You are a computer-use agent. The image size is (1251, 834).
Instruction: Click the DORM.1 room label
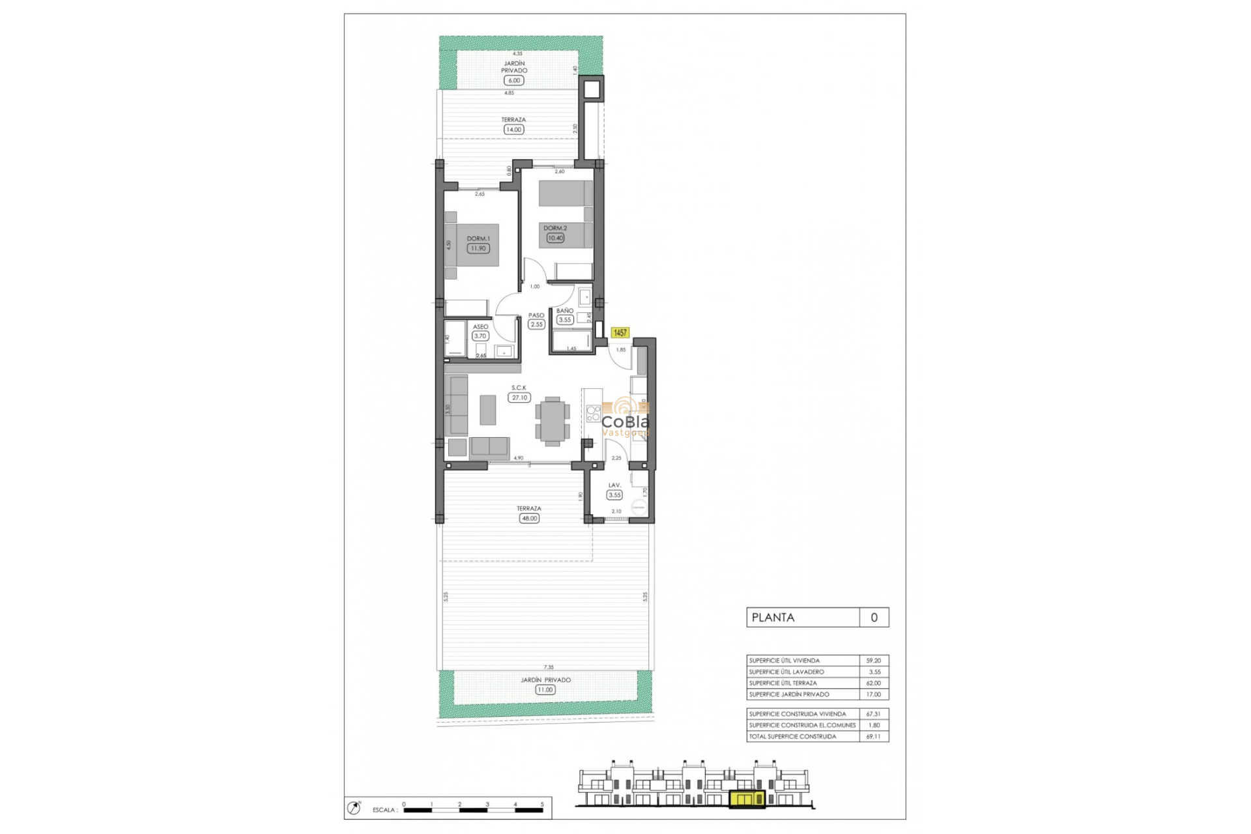click(x=478, y=239)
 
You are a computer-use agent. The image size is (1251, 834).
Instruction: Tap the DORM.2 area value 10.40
click(x=555, y=238)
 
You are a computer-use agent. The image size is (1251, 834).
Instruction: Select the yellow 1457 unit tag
click(x=620, y=333)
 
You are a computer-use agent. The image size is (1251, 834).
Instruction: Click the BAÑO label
click(x=565, y=311)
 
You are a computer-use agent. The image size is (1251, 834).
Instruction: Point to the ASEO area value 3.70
click(x=480, y=336)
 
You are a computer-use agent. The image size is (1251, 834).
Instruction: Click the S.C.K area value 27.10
click(x=519, y=397)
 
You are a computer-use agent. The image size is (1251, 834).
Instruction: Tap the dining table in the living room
click(x=553, y=422)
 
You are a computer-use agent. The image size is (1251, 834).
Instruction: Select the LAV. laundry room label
click(x=614, y=485)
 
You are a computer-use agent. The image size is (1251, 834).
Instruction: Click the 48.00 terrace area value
click(x=529, y=519)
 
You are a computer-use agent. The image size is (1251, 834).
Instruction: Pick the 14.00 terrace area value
click(x=513, y=130)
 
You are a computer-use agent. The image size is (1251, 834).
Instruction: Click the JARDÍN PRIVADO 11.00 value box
click(x=545, y=689)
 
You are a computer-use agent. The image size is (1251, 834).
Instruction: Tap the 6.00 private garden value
click(x=514, y=81)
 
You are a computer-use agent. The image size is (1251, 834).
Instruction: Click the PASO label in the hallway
click(x=536, y=315)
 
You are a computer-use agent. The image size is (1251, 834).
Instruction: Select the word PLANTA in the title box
click(x=773, y=618)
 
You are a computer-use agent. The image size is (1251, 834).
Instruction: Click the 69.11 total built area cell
click(x=873, y=737)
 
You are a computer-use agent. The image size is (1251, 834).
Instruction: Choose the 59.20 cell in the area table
click(x=873, y=661)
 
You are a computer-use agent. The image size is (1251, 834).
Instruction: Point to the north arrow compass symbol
click(x=354, y=809)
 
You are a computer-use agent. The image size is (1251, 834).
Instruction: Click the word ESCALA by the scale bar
click(x=384, y=810)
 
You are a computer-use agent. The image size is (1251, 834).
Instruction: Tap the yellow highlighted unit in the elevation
click(x=747, y=799)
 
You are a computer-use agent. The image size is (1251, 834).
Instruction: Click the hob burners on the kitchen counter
click(x=593, y=414)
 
